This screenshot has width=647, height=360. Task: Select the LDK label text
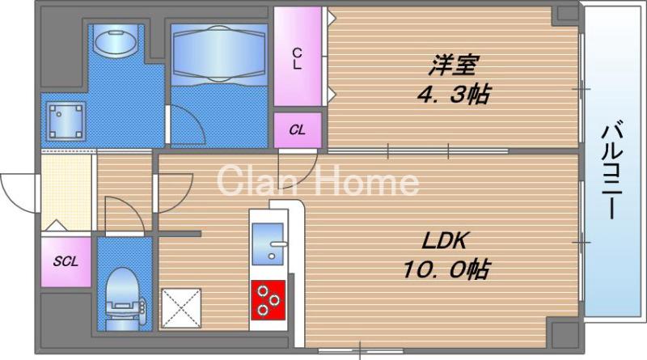coord(444,240)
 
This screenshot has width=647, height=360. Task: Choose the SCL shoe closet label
coord(66,261)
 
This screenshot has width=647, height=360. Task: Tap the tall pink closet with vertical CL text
coord(298,57)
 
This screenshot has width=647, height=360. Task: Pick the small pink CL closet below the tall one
coord(298,129)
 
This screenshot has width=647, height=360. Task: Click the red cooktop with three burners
coord(270,299)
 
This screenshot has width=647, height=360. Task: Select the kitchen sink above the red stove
coord(269,242)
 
